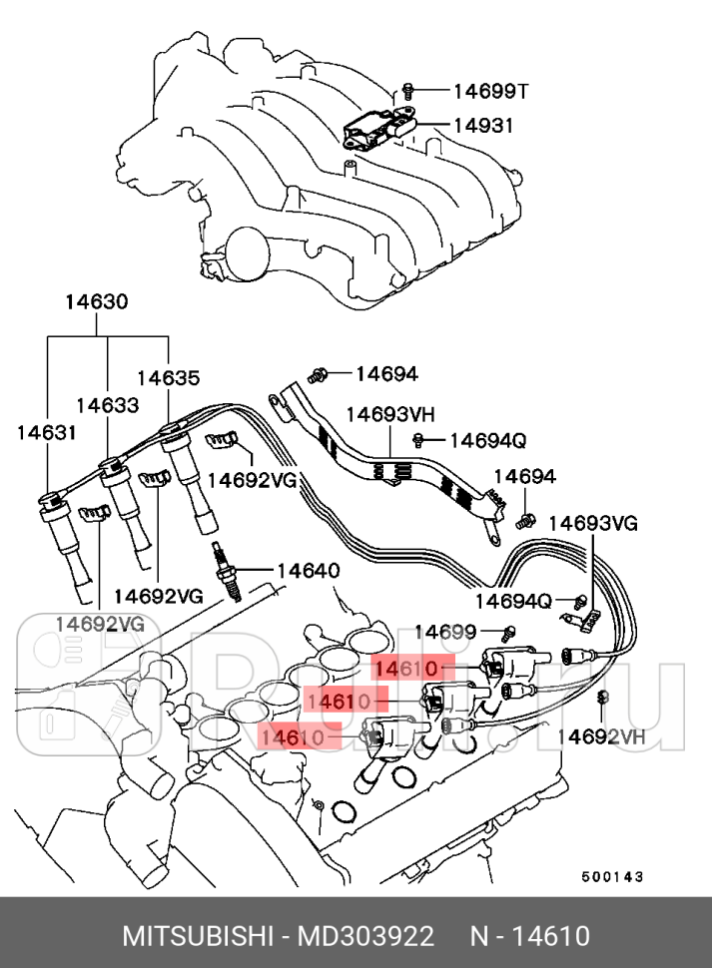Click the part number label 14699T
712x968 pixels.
click(489, 92)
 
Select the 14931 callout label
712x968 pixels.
click(483, 126)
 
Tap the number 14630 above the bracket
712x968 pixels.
click(97, 300)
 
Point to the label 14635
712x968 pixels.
click(168, 378)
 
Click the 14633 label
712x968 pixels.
click(107, 405)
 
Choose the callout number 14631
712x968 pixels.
click(46, 432)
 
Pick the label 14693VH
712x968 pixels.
click(390, 413)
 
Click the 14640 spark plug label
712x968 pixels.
click(308, 571)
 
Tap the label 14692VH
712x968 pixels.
click(601, 736)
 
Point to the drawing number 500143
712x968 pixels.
click(611, 876)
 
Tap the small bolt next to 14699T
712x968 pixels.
click(408, 91)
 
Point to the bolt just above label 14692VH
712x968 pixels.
click(602, 700)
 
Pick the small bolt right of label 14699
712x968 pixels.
click(509, 631)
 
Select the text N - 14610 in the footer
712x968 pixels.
click(530, 937)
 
